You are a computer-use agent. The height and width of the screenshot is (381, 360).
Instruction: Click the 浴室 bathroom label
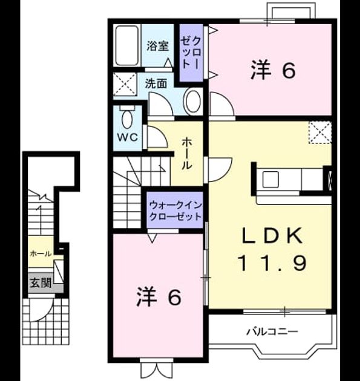coord(158,46)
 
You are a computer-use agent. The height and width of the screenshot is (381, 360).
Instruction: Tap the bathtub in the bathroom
coord(127,45)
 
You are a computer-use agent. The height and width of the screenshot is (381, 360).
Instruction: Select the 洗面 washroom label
coord(156,83)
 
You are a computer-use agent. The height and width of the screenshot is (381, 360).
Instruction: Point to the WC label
coord(128,137)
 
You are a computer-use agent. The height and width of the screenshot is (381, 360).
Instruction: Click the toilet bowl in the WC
coord(127,119)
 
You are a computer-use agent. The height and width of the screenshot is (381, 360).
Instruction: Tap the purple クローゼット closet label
coord(191,53)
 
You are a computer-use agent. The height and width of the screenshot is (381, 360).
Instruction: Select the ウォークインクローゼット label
coord(175,210)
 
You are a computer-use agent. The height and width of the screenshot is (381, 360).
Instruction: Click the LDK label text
coord(272,236)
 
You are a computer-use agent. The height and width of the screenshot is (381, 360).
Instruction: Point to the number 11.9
coord(272,264)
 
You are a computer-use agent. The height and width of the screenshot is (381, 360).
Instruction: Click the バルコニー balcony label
coord(272,331)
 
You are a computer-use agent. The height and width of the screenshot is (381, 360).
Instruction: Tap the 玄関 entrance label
coord(41,283)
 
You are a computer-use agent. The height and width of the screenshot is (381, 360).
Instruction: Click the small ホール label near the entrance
coord(41,254)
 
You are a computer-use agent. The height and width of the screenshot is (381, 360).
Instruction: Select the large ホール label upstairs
coord(187,154)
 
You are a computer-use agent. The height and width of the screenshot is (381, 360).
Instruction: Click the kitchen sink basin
coord(270,180)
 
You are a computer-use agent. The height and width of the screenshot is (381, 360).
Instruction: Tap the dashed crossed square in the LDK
coord(320,132)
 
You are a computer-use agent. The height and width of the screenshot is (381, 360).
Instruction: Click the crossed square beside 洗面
coord(125,84)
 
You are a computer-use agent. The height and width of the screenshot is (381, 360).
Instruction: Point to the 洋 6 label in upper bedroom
coord(273,70)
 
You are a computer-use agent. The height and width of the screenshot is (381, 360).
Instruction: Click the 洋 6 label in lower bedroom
coord(159,297)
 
